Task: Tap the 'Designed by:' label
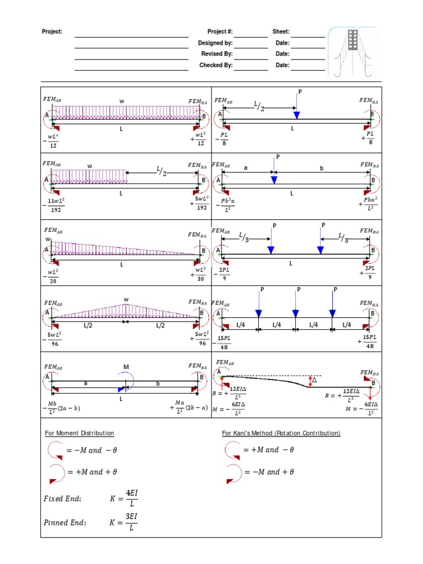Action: (215, 43)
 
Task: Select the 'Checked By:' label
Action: (216, 65)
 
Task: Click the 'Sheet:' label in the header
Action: (280, 32)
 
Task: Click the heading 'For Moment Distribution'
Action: (79, 433)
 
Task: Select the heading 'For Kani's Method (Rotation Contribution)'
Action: (281, 433)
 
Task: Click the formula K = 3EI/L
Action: (124, 523)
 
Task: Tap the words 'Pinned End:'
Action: (64, 523)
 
